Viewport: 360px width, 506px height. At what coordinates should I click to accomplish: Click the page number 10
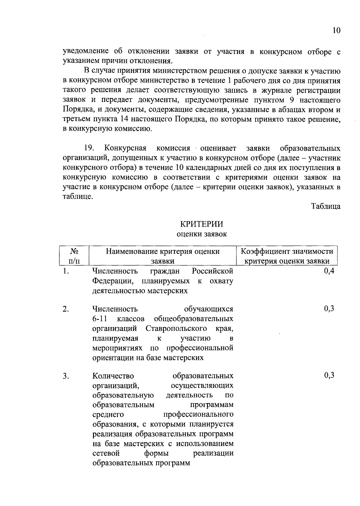(337, 31)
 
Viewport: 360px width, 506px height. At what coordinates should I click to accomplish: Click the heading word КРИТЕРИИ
(202, 224)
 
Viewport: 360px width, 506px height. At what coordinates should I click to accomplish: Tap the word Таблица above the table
(325, 207)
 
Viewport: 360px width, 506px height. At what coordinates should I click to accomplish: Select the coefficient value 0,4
(329, 271)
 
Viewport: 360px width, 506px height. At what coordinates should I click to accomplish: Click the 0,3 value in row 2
(329, 309)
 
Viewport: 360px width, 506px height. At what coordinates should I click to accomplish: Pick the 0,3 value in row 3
(329, 376)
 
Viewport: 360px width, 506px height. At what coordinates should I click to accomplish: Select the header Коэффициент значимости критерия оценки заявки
(287, 256)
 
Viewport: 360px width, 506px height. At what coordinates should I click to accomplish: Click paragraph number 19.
(89, 148)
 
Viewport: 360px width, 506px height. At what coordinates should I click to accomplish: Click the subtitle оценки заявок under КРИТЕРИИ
(202, 234)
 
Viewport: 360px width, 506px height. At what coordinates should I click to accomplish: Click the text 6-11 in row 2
(100, 319)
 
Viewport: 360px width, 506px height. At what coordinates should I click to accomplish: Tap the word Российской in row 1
(212, 271)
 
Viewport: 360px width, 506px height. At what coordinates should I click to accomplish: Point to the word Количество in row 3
(113, 376)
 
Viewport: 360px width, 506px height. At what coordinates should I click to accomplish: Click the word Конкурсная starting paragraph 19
(125, 148)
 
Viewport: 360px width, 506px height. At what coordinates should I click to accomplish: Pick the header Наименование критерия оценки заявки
(163, 256)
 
